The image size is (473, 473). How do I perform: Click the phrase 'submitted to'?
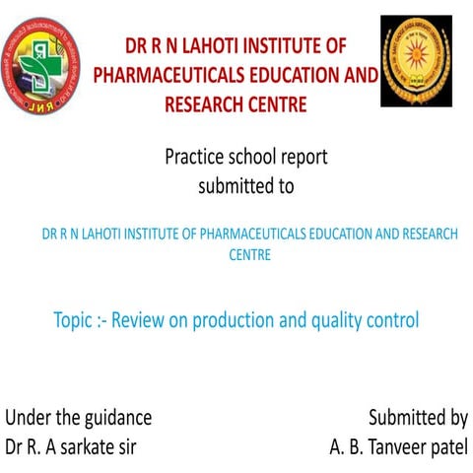click(x=245, y=184)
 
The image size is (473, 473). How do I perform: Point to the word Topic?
click(x=76, y=320)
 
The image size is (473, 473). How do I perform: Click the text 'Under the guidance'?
click(x=79, y=417)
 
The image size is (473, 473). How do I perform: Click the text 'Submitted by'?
click(x=418, y=417)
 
